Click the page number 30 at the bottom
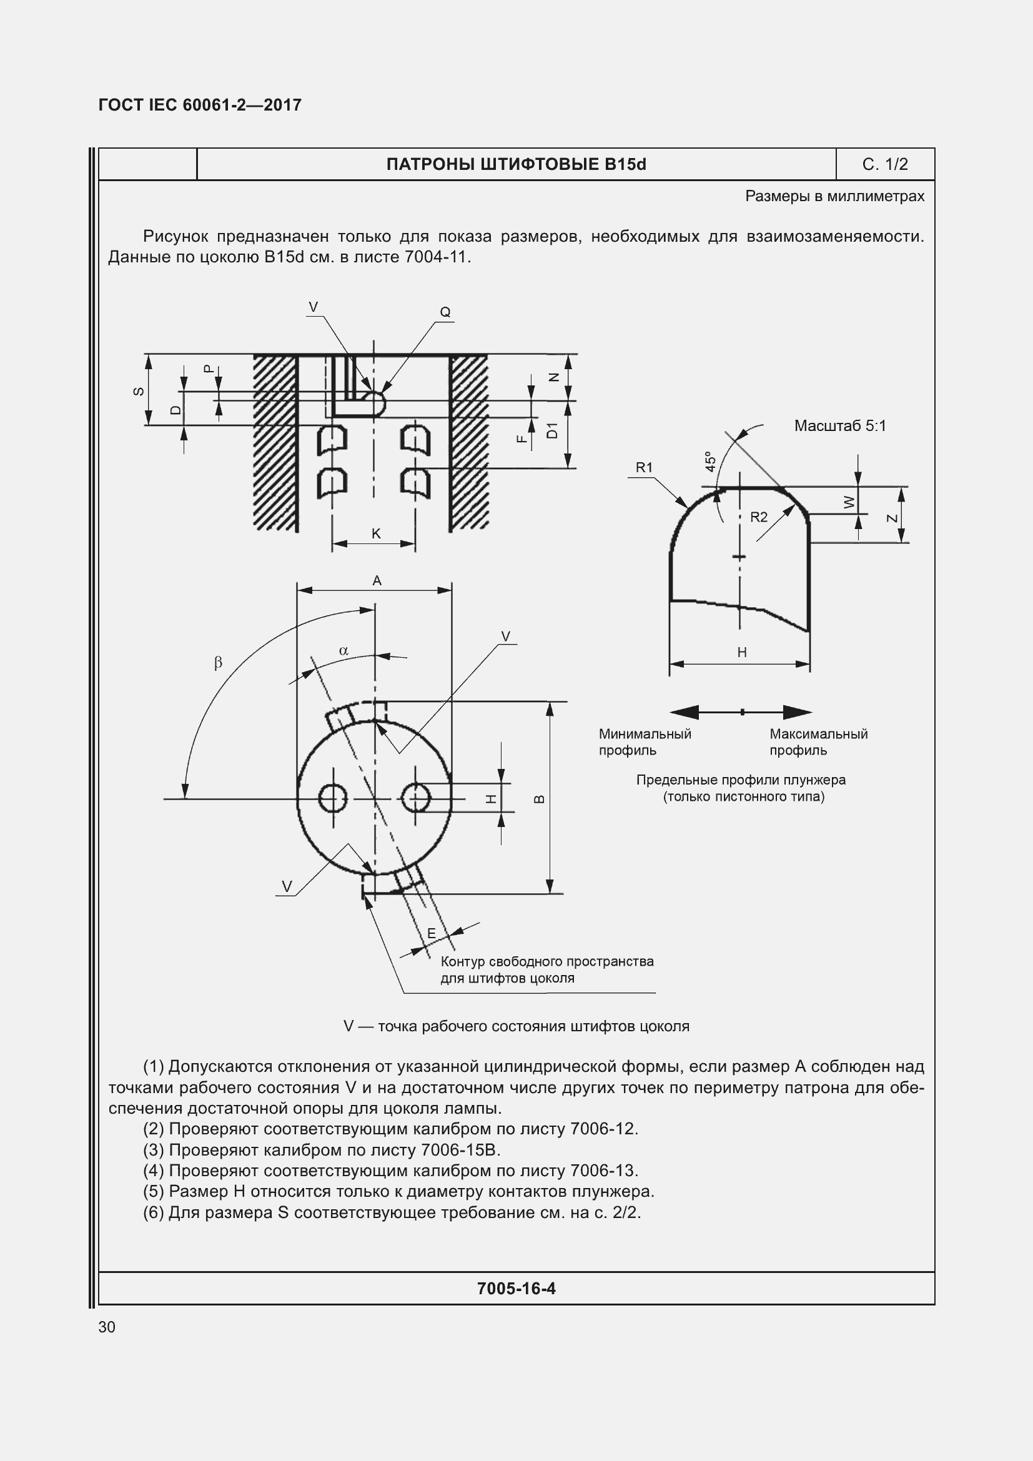107,1327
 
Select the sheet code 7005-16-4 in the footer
516,1288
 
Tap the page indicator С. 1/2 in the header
885,164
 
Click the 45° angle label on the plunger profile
711,462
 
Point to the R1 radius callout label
644,467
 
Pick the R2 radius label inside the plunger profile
758,517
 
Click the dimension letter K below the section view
376,533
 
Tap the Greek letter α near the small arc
344,650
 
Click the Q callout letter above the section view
445,312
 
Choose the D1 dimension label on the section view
552,431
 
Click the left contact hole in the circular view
333,798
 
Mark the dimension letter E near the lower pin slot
432,933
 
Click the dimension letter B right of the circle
539,800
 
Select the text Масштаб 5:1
839,426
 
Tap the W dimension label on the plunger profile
849,502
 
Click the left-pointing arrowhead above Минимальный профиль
683,712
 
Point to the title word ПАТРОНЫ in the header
430,164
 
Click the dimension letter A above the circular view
377,580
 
